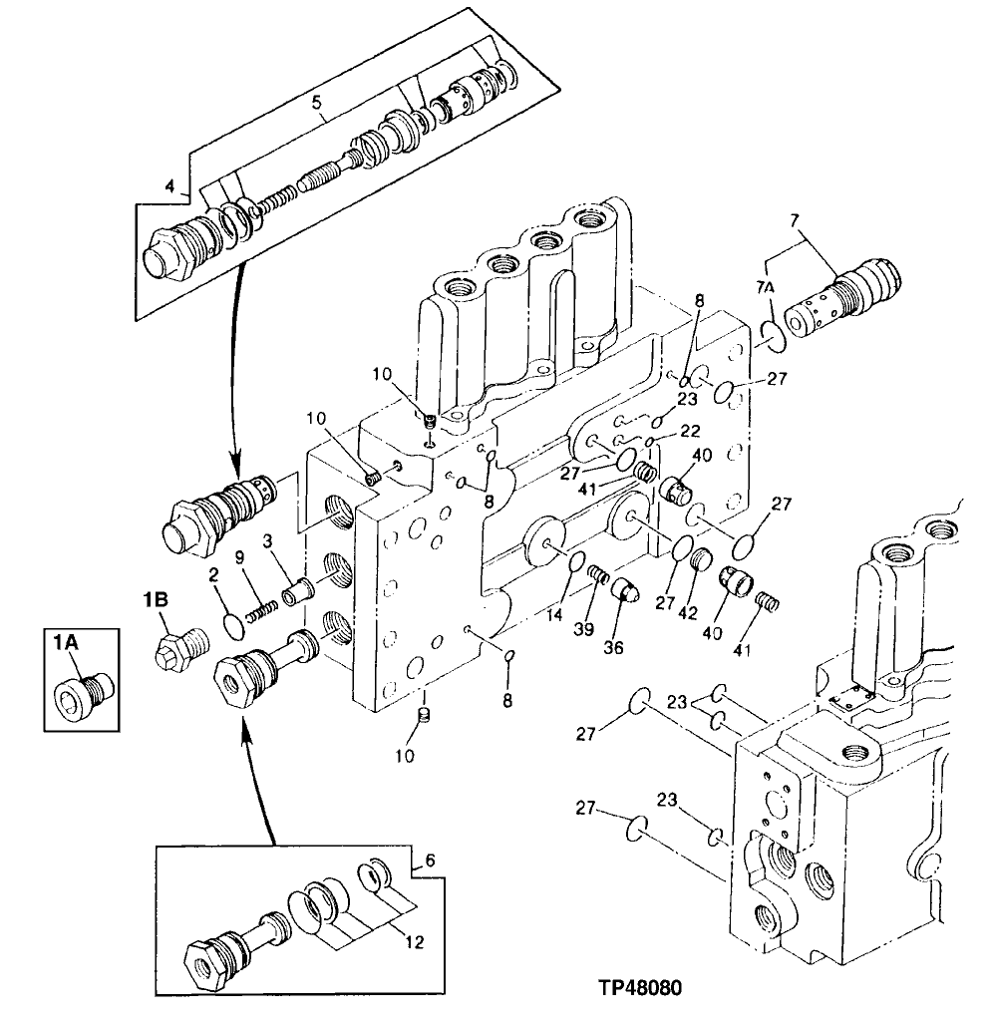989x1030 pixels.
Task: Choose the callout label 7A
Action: pyautogui.click(x=765, y=288)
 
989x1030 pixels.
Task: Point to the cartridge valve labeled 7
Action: pyautogui.click(x=844, y=294)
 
